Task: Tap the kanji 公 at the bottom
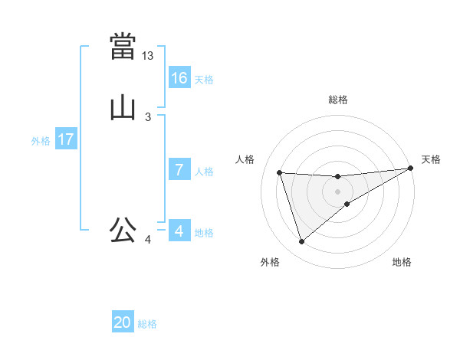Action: click(123, 230)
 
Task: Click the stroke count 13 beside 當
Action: click(148, 56)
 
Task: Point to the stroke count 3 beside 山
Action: click(148, 117)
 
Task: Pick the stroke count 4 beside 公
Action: click(148, 241)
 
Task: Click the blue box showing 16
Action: click(179, 78)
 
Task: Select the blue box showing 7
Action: click(179, 170)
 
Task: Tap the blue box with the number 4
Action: click(179, 231)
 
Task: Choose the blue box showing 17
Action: click(66, 139)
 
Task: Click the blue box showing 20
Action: click(123, 323)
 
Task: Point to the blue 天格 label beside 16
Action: click(204, 80)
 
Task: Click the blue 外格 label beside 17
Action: click(41, 141)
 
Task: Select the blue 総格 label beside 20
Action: click(147, 325)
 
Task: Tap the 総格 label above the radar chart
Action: click(338, 100)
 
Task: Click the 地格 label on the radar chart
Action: click(402, 262)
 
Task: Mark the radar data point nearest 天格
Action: click(410, 169)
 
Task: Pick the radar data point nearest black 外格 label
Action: click(301, 242)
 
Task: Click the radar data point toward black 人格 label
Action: click(280, 172)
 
